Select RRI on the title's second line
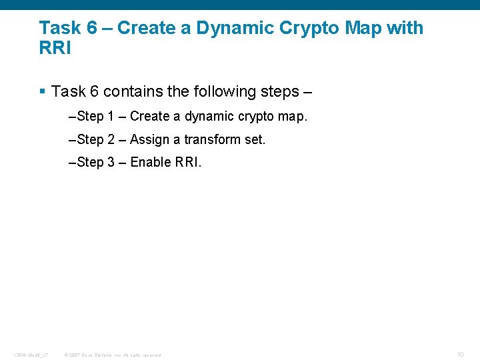[55, 49]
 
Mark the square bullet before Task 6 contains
[43, 91]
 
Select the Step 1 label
[95, 117]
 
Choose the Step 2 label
[95, 139]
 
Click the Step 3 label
[95, 162]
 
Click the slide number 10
[460, 354]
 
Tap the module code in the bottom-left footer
[31, 355]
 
